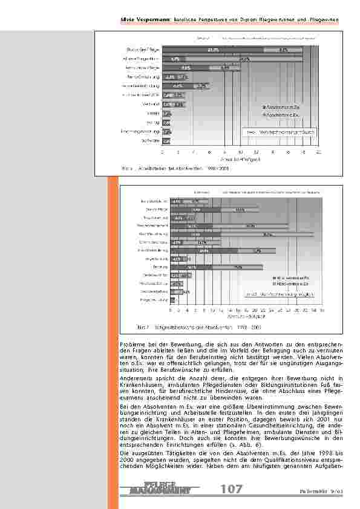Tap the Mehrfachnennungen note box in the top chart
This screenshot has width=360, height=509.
point(279,131)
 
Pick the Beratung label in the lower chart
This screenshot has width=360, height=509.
point(162,267)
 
